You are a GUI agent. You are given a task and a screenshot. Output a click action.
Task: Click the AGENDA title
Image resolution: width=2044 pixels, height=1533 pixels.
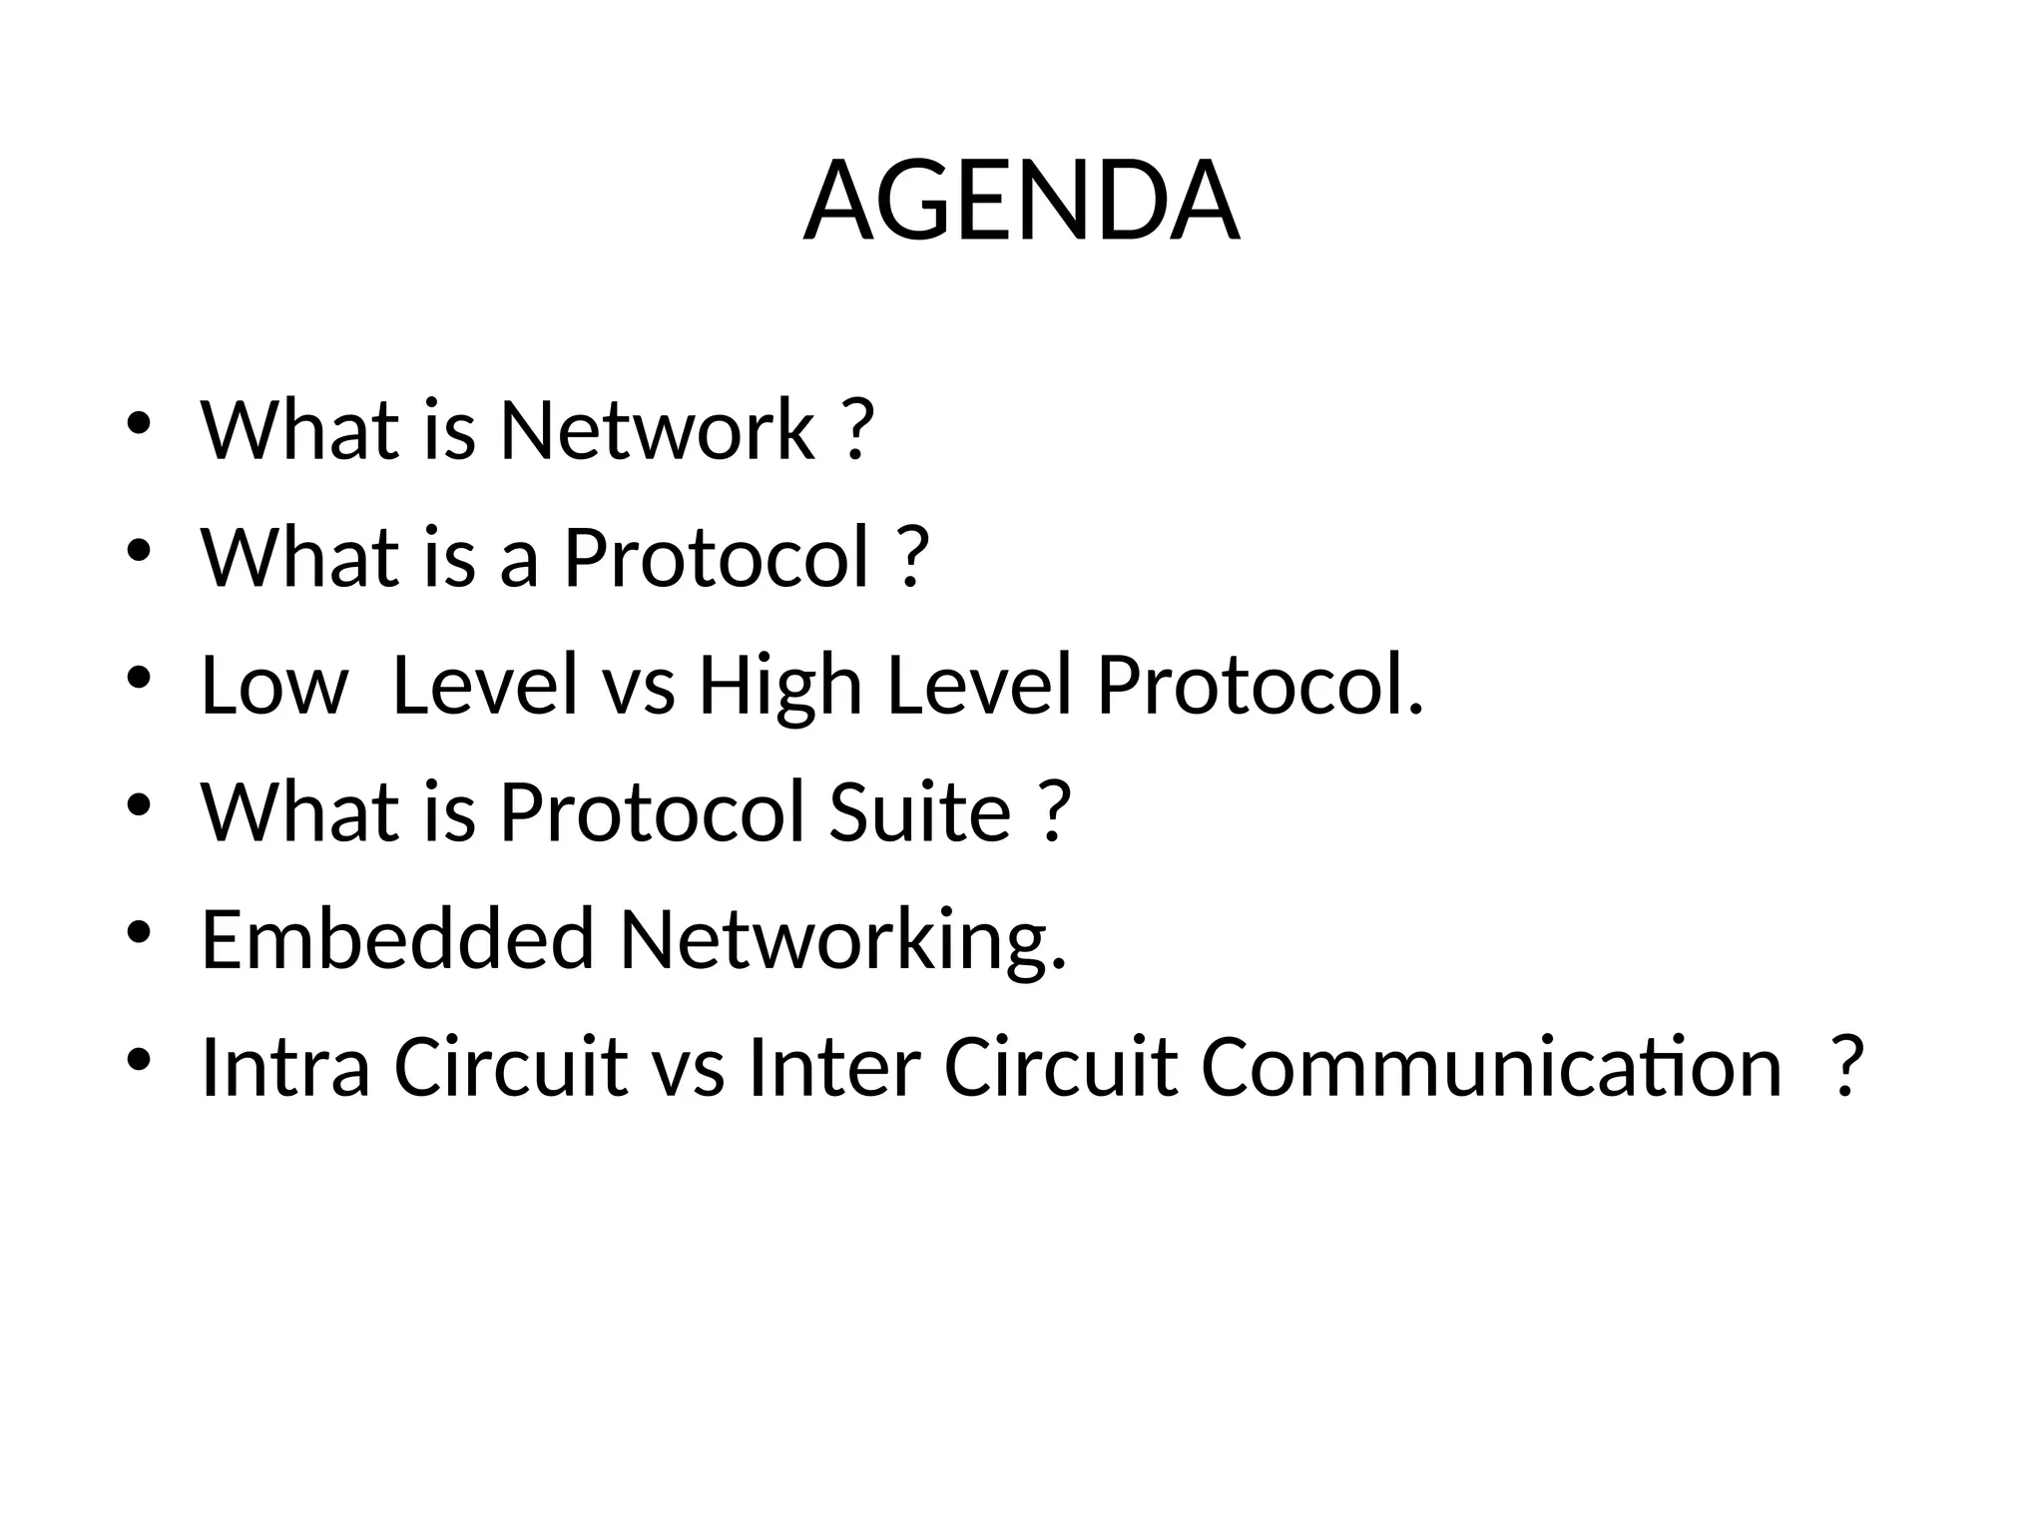[1021, 202]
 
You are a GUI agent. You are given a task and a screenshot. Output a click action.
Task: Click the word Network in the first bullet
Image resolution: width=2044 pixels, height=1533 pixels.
[657, 430]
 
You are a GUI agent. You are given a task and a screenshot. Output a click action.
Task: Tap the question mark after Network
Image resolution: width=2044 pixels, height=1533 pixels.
[857, 430]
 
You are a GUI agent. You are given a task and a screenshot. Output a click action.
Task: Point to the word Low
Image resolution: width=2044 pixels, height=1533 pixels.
[273, 686]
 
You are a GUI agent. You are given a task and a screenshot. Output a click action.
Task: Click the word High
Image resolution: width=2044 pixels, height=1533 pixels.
[779, 686]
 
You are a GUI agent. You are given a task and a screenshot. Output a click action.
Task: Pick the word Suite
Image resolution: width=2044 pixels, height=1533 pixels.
[919, 812]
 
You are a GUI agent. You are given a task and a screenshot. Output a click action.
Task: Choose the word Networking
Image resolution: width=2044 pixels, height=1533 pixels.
[843, 941]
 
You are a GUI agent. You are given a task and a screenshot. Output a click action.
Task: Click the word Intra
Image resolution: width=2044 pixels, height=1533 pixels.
[285, 1067]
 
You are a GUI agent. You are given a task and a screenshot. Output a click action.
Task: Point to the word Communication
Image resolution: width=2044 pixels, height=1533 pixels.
[1491, 1067]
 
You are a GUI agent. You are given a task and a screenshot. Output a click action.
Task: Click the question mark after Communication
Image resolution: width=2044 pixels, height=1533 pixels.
[1847, 1067]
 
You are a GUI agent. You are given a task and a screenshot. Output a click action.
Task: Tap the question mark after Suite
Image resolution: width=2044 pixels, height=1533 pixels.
[1054, 812]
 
